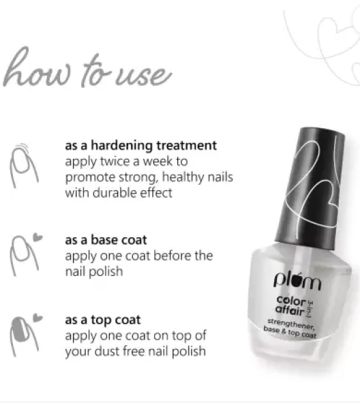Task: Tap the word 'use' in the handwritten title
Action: pyautogui.click(x=143, y=75)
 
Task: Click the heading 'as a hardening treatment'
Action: pyautogui.click(x=141, y=146)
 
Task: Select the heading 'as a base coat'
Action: pyautogui.click(x=106, y=240)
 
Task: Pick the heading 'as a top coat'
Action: pyautogui.click(x=103, y=320)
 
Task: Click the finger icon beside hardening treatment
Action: pyautogui.click(x=23, y=166)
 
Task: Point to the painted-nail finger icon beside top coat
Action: pyautogui.click(x=23, y=337)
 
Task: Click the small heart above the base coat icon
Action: pyautogui.click(x=37, y=237)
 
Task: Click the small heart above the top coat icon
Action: pyautogui.click(x=37, y=318)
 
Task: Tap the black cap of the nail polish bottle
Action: pyautogui.click(x=310, y=188)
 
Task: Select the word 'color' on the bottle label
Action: pyautogui.click(x=291, y=301)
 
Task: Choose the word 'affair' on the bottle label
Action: pyautogui.click(x=290, y=310)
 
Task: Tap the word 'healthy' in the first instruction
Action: pyautogui.click(x=180, y=177)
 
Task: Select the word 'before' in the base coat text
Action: pyautogui.click(x=172, y=256)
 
